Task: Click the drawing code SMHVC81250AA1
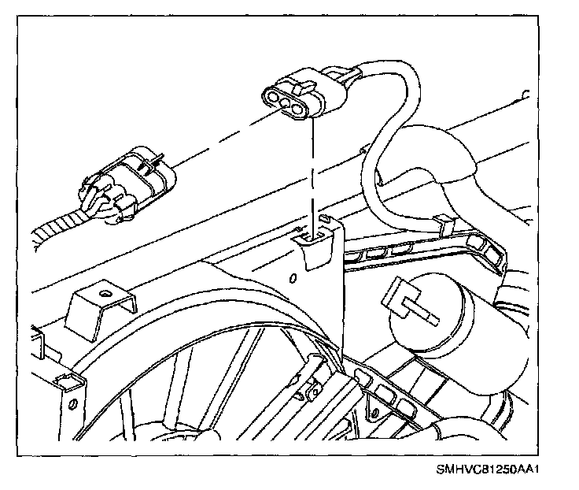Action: coord(492,470)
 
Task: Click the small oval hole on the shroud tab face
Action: coord(292,278)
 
